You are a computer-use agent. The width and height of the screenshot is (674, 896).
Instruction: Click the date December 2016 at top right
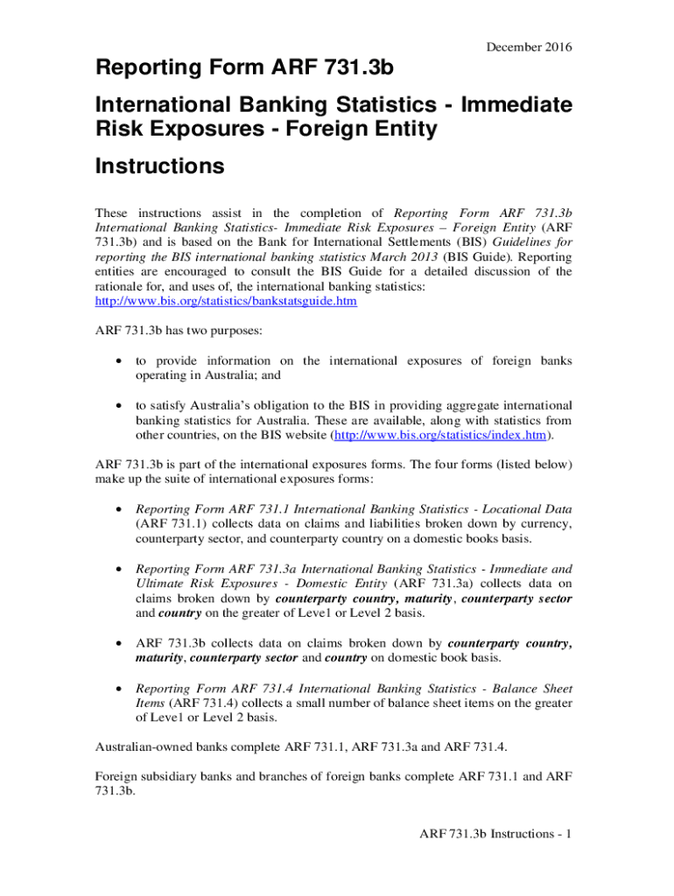(531, 46)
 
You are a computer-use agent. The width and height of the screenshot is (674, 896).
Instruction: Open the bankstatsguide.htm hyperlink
(225, 301)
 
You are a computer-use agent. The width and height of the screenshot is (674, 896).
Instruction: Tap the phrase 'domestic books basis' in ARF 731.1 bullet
(517, 538)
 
